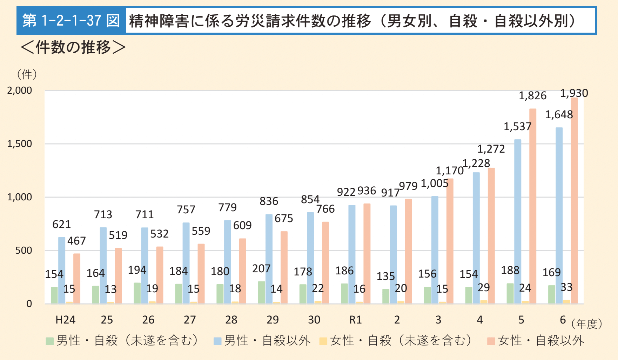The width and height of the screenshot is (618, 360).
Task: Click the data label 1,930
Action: (x=574, y=93)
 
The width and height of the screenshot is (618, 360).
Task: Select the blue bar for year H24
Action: (x=62, y=270)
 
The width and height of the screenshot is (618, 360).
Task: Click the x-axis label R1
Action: (x=355, y=320)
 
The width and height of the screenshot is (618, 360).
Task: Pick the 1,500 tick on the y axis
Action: (x=20, y=144)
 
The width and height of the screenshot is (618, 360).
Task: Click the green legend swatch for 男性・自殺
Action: (x=49, y=341)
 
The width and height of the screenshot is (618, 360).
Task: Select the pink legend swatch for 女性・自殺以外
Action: (x=491, y=341)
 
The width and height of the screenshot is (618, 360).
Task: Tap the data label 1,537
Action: (x=517, y=126)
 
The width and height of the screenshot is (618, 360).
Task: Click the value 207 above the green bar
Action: (x=261, y=269)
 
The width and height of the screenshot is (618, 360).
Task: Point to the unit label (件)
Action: (x=27, y=74)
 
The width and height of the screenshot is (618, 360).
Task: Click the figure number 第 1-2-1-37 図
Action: (x=71, y=20)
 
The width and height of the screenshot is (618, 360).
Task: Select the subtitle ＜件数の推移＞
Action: (x=73, y=47)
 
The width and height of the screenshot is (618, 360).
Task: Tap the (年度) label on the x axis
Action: (x=586, y=324)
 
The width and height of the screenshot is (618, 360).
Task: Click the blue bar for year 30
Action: (x=310, y=258)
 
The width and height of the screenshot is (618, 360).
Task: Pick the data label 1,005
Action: (x=434, y=183)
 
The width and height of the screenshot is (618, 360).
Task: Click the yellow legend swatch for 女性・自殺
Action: (x=323, y=341)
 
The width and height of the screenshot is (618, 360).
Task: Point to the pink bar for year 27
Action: (x=201, y=274)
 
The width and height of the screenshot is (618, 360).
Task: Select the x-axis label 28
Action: (x=231, y=320)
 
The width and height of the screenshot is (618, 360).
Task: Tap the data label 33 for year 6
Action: (x=566, y=287)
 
